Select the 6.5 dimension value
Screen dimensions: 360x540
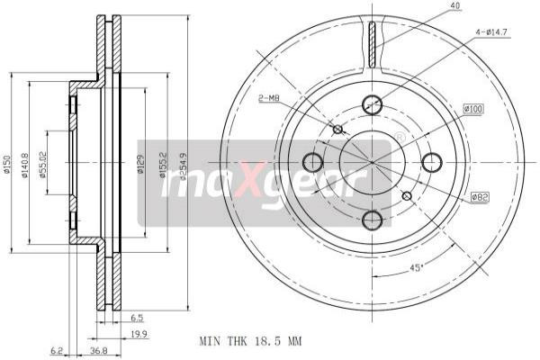(136, 318)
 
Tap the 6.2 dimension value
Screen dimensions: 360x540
(58, 351)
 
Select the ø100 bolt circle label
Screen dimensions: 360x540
(473, 110)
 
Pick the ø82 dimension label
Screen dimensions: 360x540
(480, 196)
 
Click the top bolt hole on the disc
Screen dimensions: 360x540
(372, 103)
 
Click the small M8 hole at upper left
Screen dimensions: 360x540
(337, 130)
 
